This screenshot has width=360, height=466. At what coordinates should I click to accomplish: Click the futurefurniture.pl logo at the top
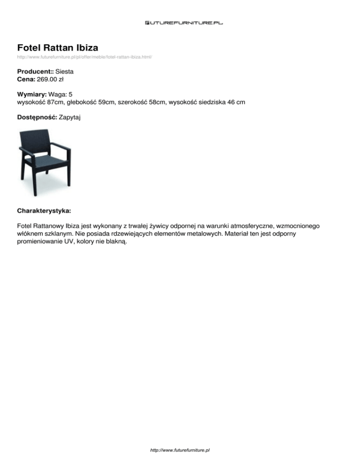184,22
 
